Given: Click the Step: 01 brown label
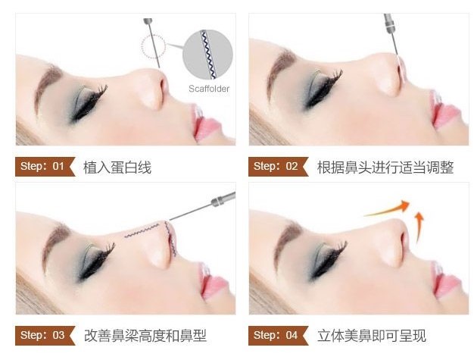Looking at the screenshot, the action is (45, 167).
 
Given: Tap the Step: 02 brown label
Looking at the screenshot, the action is (279, 167).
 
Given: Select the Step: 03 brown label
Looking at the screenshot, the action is (45, 335).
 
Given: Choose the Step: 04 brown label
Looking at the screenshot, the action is (279, 335).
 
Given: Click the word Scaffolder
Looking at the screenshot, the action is (209, 89).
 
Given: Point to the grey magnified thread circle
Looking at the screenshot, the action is (207, 55).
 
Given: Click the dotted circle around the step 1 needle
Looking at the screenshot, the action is (154, 46).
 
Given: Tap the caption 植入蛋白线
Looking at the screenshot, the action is (117, 167).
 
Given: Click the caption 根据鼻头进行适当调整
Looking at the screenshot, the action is (385, 167).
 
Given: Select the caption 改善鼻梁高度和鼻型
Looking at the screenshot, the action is (145, 336).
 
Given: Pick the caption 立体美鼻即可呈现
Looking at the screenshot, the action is (372, 336).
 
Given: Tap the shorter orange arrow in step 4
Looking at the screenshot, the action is (419, 227).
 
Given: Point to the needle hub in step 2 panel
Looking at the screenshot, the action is (389, 23).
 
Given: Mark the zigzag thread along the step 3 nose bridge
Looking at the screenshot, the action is (142, 230).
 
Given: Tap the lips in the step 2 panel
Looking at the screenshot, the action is (444, 111).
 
